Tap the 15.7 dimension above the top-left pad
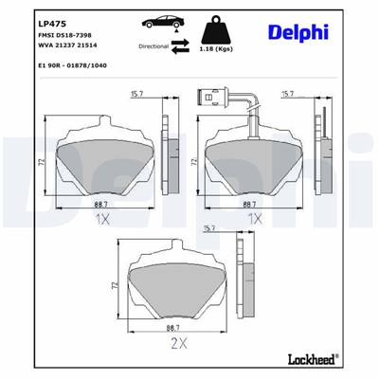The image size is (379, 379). [136, 93]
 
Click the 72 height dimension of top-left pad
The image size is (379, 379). [41, 163]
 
